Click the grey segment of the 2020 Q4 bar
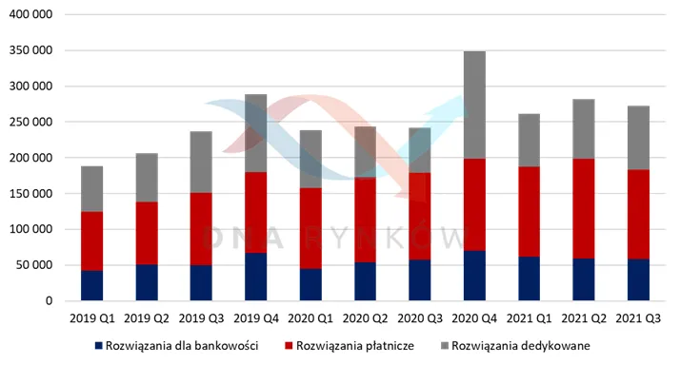click(x=474, y=105)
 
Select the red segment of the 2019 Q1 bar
click(x=92, y=241)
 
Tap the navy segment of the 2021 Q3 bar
click(x=638, y=279)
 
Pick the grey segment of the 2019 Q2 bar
click(x=147, y=178)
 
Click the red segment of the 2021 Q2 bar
click(x=584, y=209)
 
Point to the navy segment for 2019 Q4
click(x=256, y=277)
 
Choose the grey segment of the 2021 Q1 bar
click(x=530, y=141)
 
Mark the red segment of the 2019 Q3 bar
click(x=201, y=229)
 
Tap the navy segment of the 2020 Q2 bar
click(x=365, y=281)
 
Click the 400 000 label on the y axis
click(x=30, y=14)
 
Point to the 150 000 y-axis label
click(x=30, y=194)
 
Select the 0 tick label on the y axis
click(x=49, y=300)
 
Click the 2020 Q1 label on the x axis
click(x=310, y=318)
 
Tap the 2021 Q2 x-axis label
click(x=584, y=318)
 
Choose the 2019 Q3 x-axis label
click(x=201, y=318)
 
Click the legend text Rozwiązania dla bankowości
click(x=182, y=346)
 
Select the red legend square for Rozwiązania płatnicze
click(x=289, y=346)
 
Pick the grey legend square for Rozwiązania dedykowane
click(x=445, y=346)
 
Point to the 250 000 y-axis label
click(x=30, y=122)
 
